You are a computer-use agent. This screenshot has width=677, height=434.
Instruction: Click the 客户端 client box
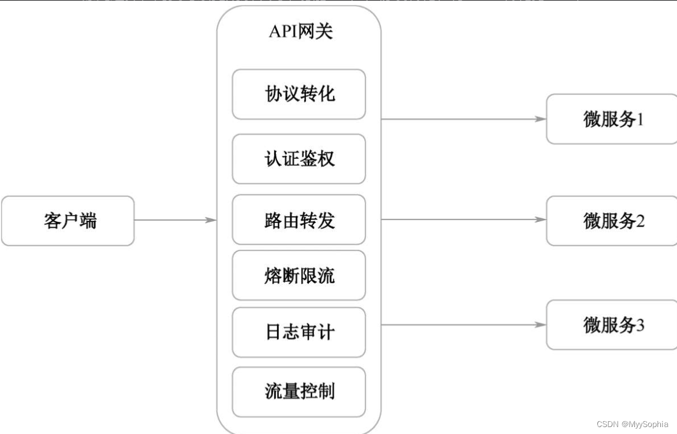click(x=68, y=221)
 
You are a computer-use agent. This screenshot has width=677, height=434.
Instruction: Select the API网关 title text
click(x=301, y=31)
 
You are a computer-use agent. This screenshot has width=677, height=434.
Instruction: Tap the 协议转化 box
click(x=299, y=94)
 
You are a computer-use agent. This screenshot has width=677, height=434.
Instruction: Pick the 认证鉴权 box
click(x=299, y=159)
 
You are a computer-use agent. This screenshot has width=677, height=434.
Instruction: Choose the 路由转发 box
click(x=299, y=220)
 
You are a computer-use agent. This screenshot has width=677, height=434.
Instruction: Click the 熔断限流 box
click(x=299, y=275)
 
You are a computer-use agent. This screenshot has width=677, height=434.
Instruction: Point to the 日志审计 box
click(x=299, y=332)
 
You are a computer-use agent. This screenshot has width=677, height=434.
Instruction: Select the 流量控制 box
click(x=299, y=392)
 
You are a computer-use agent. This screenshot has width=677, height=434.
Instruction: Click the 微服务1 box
click(x=612, y=119)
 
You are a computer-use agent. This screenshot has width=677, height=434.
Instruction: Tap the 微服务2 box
click(x=612, y=221)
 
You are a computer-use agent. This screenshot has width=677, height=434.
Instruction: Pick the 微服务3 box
click(x=612, y=325)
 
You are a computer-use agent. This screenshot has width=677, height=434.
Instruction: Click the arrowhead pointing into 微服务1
click(x=541, y=119)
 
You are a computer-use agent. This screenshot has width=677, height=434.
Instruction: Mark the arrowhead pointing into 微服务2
click(x=541, y=220)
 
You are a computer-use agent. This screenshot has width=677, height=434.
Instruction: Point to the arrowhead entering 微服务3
click(x=541, y=325)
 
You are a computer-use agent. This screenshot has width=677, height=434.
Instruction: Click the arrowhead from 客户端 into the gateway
click(x=211, y=220)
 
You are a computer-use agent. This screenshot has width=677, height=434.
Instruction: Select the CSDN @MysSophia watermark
click(x=633, y=424)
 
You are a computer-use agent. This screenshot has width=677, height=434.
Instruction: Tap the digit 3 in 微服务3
click(x=640, y=325)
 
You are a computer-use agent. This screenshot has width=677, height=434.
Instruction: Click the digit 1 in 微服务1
click(x=639, y=120)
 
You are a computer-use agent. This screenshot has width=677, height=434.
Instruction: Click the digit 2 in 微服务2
click(x=640, y=221)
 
